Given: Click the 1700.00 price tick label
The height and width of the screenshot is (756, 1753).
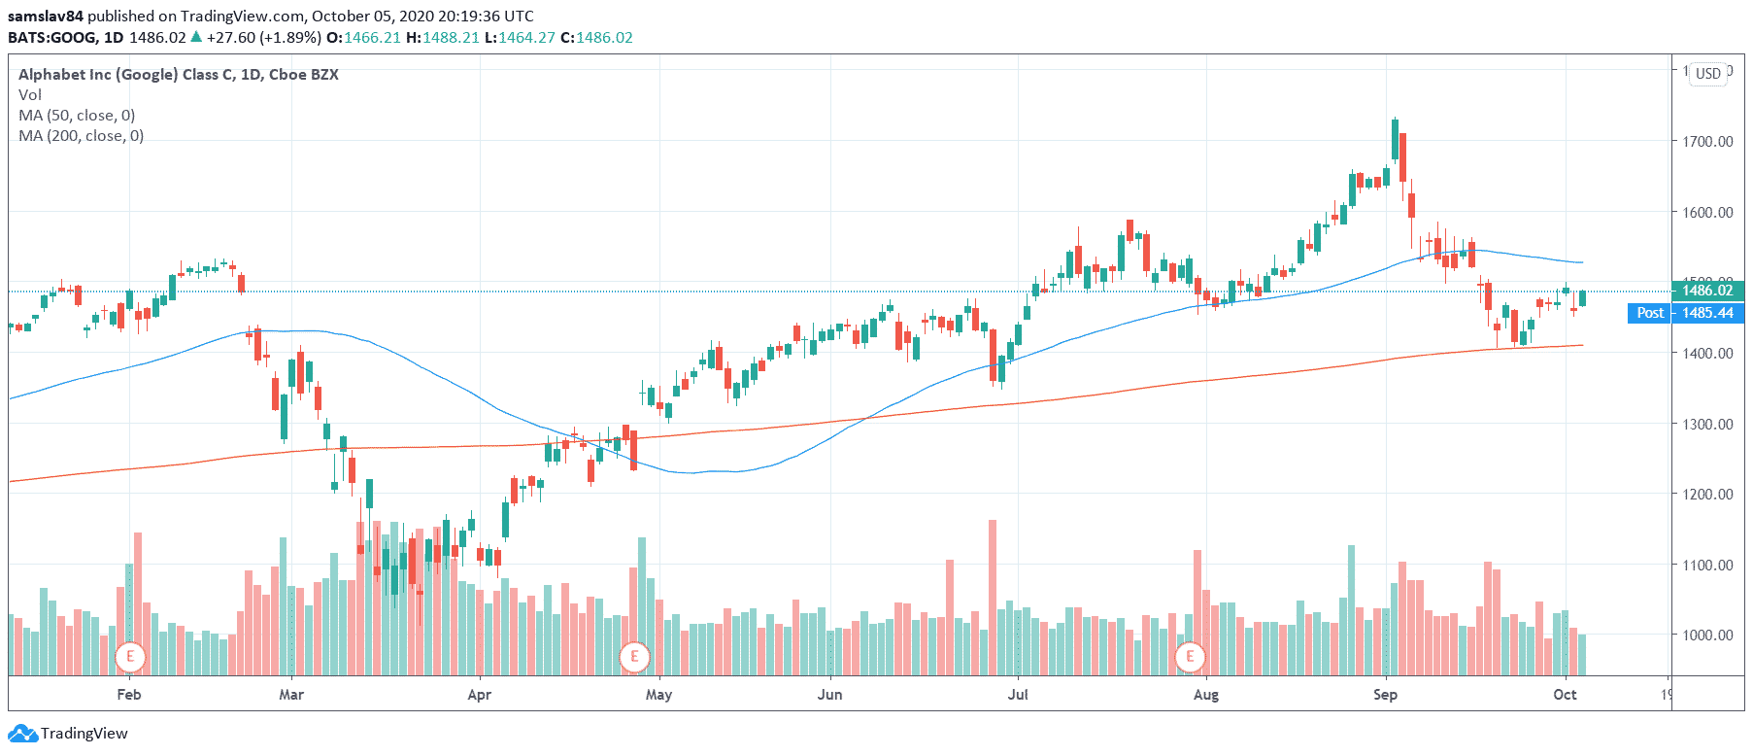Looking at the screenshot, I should click(x=1707, y=141).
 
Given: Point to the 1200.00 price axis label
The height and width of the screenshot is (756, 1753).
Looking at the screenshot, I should click(x=1707, y=494).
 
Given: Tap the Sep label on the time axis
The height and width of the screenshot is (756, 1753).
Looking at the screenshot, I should click(x=1385, y=694).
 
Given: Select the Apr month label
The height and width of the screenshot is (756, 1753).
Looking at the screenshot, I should click(x=479, y=694).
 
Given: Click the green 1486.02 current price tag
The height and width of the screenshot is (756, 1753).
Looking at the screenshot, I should click(x=1707, y=291).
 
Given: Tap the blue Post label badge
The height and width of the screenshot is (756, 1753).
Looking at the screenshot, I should click(x=1649, y=313).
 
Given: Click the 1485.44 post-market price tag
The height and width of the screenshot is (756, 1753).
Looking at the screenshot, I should click(x=1707, y=313).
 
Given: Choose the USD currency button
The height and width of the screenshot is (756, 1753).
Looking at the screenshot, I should click(x=1708, y=74).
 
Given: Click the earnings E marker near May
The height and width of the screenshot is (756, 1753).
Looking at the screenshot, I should click(x=634, y=657).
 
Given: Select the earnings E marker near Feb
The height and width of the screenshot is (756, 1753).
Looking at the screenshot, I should click(x=130, y=657).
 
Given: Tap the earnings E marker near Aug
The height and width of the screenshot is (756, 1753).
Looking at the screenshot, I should click(x=1190, y=657).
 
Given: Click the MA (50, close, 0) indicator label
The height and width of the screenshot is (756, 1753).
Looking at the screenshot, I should click(x=77, y=115).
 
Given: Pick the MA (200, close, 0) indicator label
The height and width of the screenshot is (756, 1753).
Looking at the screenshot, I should click(x=81, y=135).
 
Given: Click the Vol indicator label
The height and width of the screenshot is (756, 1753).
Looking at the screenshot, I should click(x=30, y=94).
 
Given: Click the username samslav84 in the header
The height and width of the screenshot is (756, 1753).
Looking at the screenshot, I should click(x=46, y=16).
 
